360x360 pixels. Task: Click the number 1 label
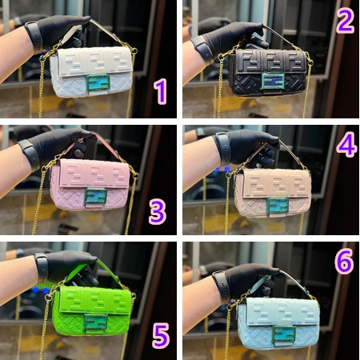tap(161, 91)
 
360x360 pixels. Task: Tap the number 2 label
tap(346, 21)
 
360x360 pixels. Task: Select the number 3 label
tap(158, 211)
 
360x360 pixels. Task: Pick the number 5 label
tap(161, 335)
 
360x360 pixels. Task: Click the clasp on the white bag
tap(98, 82)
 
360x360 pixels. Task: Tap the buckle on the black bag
tap(273, 81)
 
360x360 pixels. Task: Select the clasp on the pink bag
tap(96, 197)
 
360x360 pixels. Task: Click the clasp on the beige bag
tap(278, 206)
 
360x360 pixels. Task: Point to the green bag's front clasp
tap(96, 323)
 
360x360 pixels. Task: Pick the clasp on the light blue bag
tap(284, 334)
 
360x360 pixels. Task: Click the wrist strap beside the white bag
tap(34, 37)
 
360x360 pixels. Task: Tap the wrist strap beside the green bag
tap(42, 268)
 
